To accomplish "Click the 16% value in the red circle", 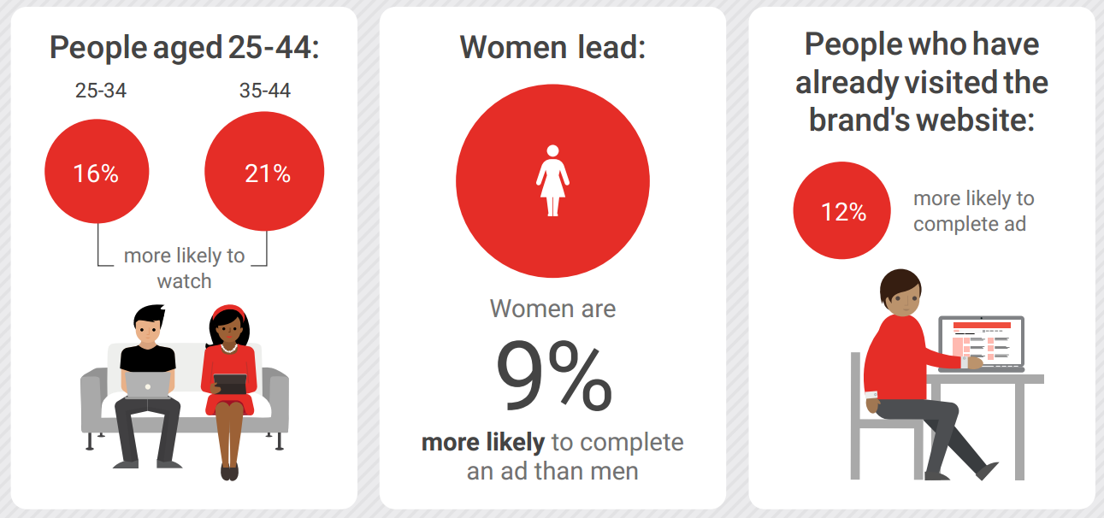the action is point(96,174).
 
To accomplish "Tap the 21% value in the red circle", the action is point(268,174).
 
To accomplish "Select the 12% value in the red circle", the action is point(843,212).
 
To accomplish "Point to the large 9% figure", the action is point(554,375).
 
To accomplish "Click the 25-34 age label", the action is point(101,91).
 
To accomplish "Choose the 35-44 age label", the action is point(264,91).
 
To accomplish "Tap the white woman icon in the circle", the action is point(552,180).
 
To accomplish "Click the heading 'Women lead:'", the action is point(552,47).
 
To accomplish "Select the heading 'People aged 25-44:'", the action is point(185,49).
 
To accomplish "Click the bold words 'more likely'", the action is point(483,442).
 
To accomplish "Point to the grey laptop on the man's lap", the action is point(147,385).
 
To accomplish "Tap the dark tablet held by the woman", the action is point(230,384).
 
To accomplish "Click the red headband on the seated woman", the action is point(228,311).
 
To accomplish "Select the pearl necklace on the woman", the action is point(228,349).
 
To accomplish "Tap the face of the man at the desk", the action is point(905,301).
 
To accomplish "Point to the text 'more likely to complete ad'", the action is point(973,211).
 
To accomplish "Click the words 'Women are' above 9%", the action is point(552,309).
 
